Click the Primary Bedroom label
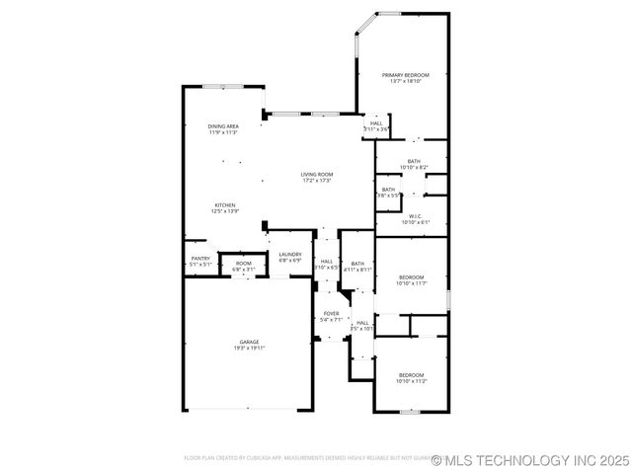click(x=406, y=74)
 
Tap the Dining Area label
click(x=223, y=126)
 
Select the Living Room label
click(x=317, y=175)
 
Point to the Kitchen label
click(x=225, y=205)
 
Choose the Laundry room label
click(x=289, y=255)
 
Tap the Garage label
click(x=249, y=342)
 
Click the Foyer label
click(x=332, y=314)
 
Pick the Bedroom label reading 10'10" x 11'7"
click(x=412, y=276)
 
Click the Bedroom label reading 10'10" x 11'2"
click(x=412, y=374)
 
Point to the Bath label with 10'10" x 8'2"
click(x=414, y=162)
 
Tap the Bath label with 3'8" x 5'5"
click(x=389, y=190)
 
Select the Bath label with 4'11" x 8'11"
click(x=357, y=264)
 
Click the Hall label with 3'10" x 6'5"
click(x=326, y=261)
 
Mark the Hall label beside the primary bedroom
click(x=376, y=123)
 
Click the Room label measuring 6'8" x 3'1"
click(x=243, y=264)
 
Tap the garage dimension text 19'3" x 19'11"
click(x=249, y=348)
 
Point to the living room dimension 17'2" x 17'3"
click(x=317, y=181)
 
